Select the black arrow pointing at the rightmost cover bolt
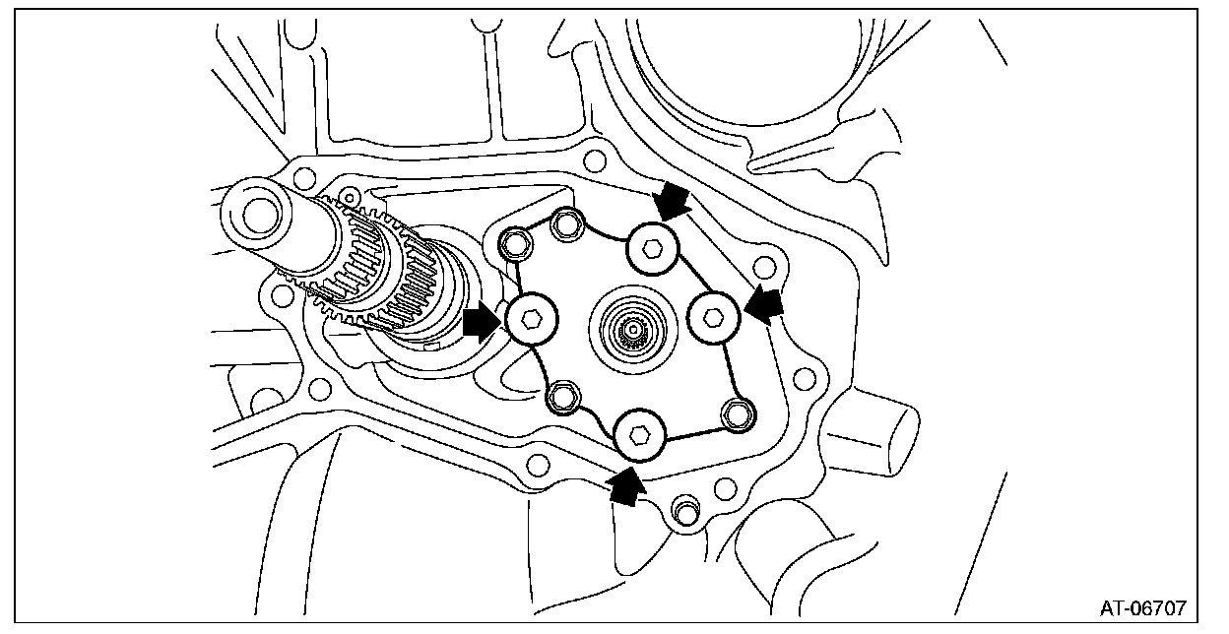click(x=764, y=304)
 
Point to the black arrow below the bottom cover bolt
click(x=624, y=485)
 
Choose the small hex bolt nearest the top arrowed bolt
click(x=565, y=225)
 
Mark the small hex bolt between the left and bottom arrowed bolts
click(x=562, y=397)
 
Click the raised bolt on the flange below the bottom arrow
click(x=681, y=510)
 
